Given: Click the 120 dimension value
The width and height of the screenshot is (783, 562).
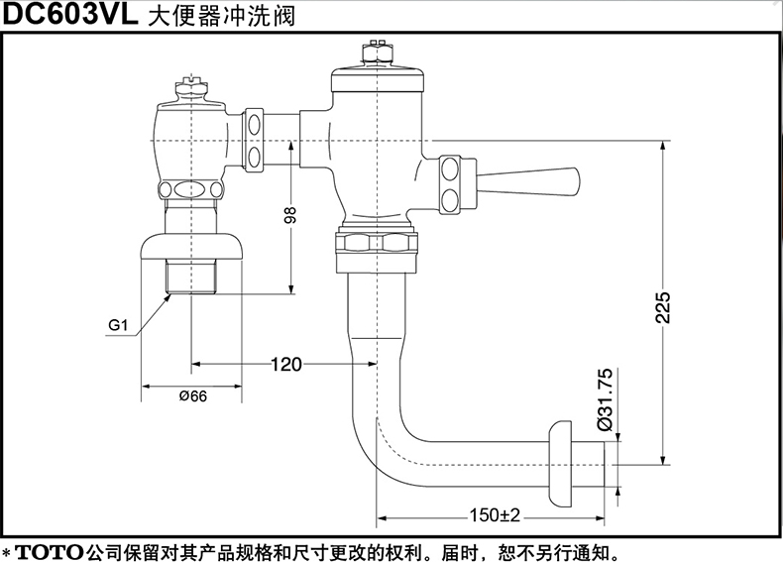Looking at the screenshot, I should click(285, 364).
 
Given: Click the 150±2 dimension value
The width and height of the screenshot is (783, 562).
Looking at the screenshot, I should click(497, 514).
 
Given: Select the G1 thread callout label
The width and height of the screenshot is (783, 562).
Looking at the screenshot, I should click(118, 325).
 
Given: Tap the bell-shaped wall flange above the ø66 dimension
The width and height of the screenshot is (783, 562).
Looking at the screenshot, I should click(192, 243).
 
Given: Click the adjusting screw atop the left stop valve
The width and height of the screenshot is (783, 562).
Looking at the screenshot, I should click(191, 88).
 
